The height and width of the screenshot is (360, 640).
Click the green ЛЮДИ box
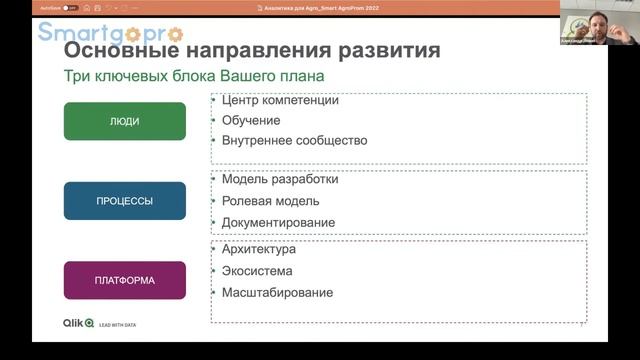(125, 121)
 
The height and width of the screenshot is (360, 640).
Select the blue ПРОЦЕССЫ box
(125, 201)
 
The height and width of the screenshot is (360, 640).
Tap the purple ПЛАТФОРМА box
(125, 280)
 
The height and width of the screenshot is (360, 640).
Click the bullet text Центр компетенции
(280, 100)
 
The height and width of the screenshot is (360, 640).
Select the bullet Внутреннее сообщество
(294, 141)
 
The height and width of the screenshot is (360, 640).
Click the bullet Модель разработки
(280, 180)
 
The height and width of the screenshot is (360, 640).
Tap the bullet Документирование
(278, 222)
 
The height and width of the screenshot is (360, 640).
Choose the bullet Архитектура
(258, 249)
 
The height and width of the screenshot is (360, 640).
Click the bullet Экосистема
(257, 271)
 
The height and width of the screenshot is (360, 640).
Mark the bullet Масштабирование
(277, 293)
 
